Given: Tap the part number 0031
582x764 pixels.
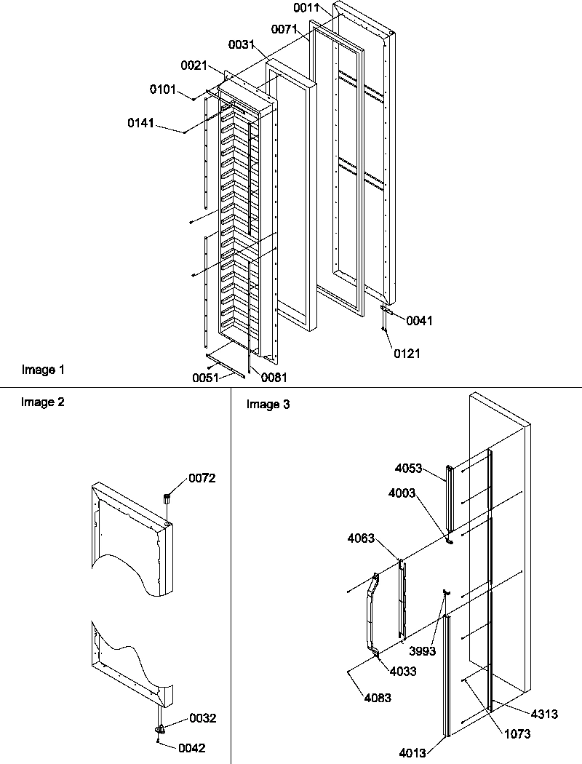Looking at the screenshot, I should [x=241, y=45].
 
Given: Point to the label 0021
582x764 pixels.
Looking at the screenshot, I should [x=195, y=66].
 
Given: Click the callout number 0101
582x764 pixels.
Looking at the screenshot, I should [x=162, y=89].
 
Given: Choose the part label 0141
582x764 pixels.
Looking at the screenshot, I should [x=141, y=124].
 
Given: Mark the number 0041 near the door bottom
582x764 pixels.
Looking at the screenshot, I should [x=419, y=320].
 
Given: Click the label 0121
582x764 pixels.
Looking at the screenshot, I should [x=407, y=354].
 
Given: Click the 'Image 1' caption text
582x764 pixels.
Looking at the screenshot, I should [x=43, y=370].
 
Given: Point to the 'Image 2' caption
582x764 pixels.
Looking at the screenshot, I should [x=43, y=402].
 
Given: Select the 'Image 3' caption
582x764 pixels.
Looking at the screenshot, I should [x=268, y=405].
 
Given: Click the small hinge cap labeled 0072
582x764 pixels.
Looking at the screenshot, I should [x=166, y=499].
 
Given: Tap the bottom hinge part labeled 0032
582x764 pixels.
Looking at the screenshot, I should [x=160, y=728].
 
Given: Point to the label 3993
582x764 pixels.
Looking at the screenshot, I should [x=422, y=651].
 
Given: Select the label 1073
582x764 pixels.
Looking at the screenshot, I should [x=517, y=734].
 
